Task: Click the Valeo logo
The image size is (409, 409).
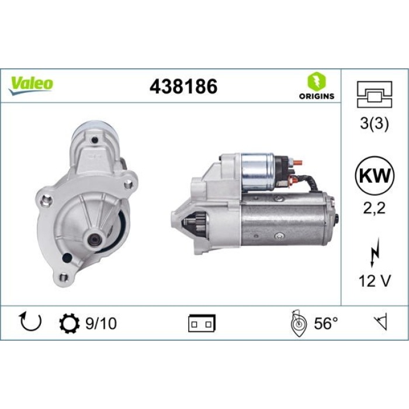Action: click(30, 84)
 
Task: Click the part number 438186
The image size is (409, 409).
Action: click(183, 86)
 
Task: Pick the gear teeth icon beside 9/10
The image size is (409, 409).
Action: click(68, 323)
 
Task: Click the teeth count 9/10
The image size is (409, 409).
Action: click(100, 323)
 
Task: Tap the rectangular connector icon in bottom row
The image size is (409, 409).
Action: click(202, 323)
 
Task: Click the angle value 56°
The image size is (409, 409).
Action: click(326, 323)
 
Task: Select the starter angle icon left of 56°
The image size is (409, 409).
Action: click(297, 323)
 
